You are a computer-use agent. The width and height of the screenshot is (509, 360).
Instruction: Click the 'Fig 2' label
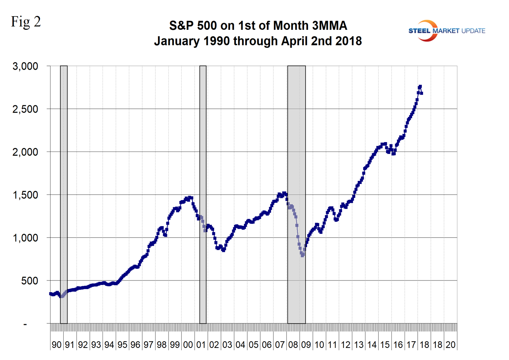point(26,22)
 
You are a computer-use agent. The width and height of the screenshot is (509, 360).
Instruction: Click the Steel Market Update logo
point(446,31)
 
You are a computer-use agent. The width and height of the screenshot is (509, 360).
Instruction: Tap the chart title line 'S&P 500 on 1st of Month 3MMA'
point(258,26)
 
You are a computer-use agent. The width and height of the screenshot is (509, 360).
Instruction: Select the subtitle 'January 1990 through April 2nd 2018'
point(258,41)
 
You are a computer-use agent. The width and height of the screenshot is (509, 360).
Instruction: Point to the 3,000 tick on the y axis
point(26,66)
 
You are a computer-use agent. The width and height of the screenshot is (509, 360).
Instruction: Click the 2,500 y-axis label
point(26,109)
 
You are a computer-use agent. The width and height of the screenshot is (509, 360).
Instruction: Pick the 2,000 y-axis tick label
point(26,152)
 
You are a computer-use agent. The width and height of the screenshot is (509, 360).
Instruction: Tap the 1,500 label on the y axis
point(26,195)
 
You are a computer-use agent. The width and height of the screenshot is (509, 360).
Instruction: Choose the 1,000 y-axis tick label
point(26,238)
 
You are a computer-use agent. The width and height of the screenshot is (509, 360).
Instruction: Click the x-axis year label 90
point(57,345)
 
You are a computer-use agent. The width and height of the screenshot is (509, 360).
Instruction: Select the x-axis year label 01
point(201,345)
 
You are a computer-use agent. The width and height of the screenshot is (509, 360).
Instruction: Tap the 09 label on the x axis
point(306,345)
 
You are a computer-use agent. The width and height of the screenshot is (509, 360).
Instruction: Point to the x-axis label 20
point(451,345)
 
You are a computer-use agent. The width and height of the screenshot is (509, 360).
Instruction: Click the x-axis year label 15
point(385,345)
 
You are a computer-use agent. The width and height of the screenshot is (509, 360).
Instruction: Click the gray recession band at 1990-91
point(64,188)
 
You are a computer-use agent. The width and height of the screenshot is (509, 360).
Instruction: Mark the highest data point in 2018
point(420,87)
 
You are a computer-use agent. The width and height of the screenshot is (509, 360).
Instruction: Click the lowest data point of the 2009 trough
point(302,256)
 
